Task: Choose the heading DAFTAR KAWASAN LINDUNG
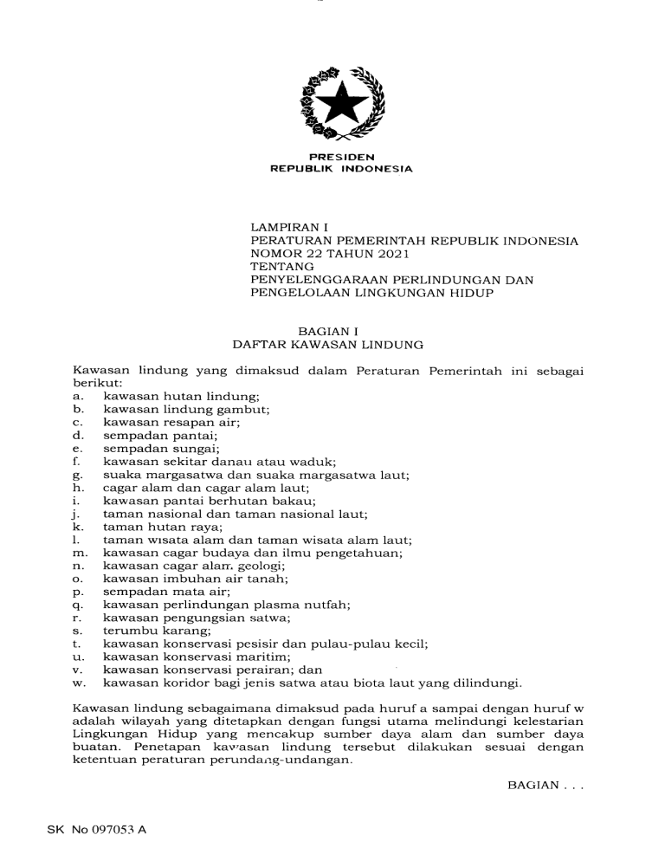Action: (x=328, y=345)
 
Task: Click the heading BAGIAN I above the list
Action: (x=328, y=331)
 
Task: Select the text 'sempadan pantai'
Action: (x=160, y=436)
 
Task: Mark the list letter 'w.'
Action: (x=79, y=683)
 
